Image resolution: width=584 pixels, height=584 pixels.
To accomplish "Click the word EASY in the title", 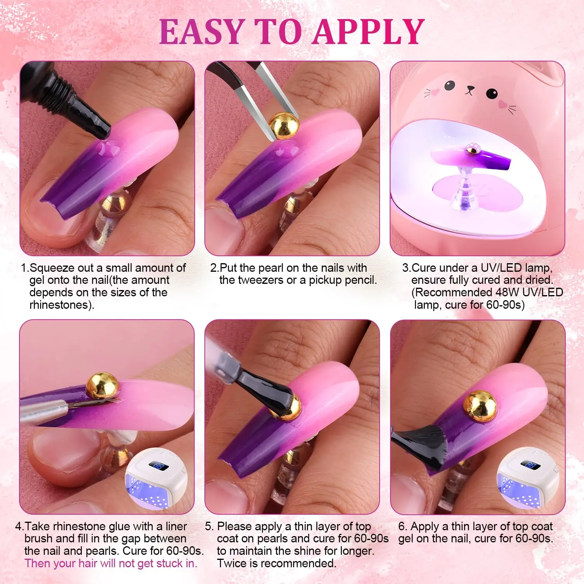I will coord(202,32).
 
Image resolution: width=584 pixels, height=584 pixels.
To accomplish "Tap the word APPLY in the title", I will coord(369,32).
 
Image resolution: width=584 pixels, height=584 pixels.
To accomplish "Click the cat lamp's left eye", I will coord(450,85).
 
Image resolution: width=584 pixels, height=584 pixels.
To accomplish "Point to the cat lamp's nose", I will coord(470,89).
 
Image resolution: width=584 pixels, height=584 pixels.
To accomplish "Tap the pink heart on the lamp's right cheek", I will coord(503,104).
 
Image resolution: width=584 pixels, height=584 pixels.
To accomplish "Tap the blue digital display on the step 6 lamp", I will coord(530,464).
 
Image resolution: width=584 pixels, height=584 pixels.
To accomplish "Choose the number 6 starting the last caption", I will coord(401,526).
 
